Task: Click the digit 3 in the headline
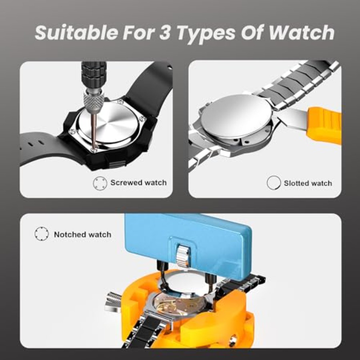pos(165,33)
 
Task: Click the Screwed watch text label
pos(138,183)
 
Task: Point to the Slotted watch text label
pos(308,183)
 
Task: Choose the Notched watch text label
pos(83,234)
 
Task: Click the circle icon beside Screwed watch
pos(100,183)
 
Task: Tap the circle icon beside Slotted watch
pos(274,183)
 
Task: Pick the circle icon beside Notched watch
pos(42,234)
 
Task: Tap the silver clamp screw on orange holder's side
pos(113,302)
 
